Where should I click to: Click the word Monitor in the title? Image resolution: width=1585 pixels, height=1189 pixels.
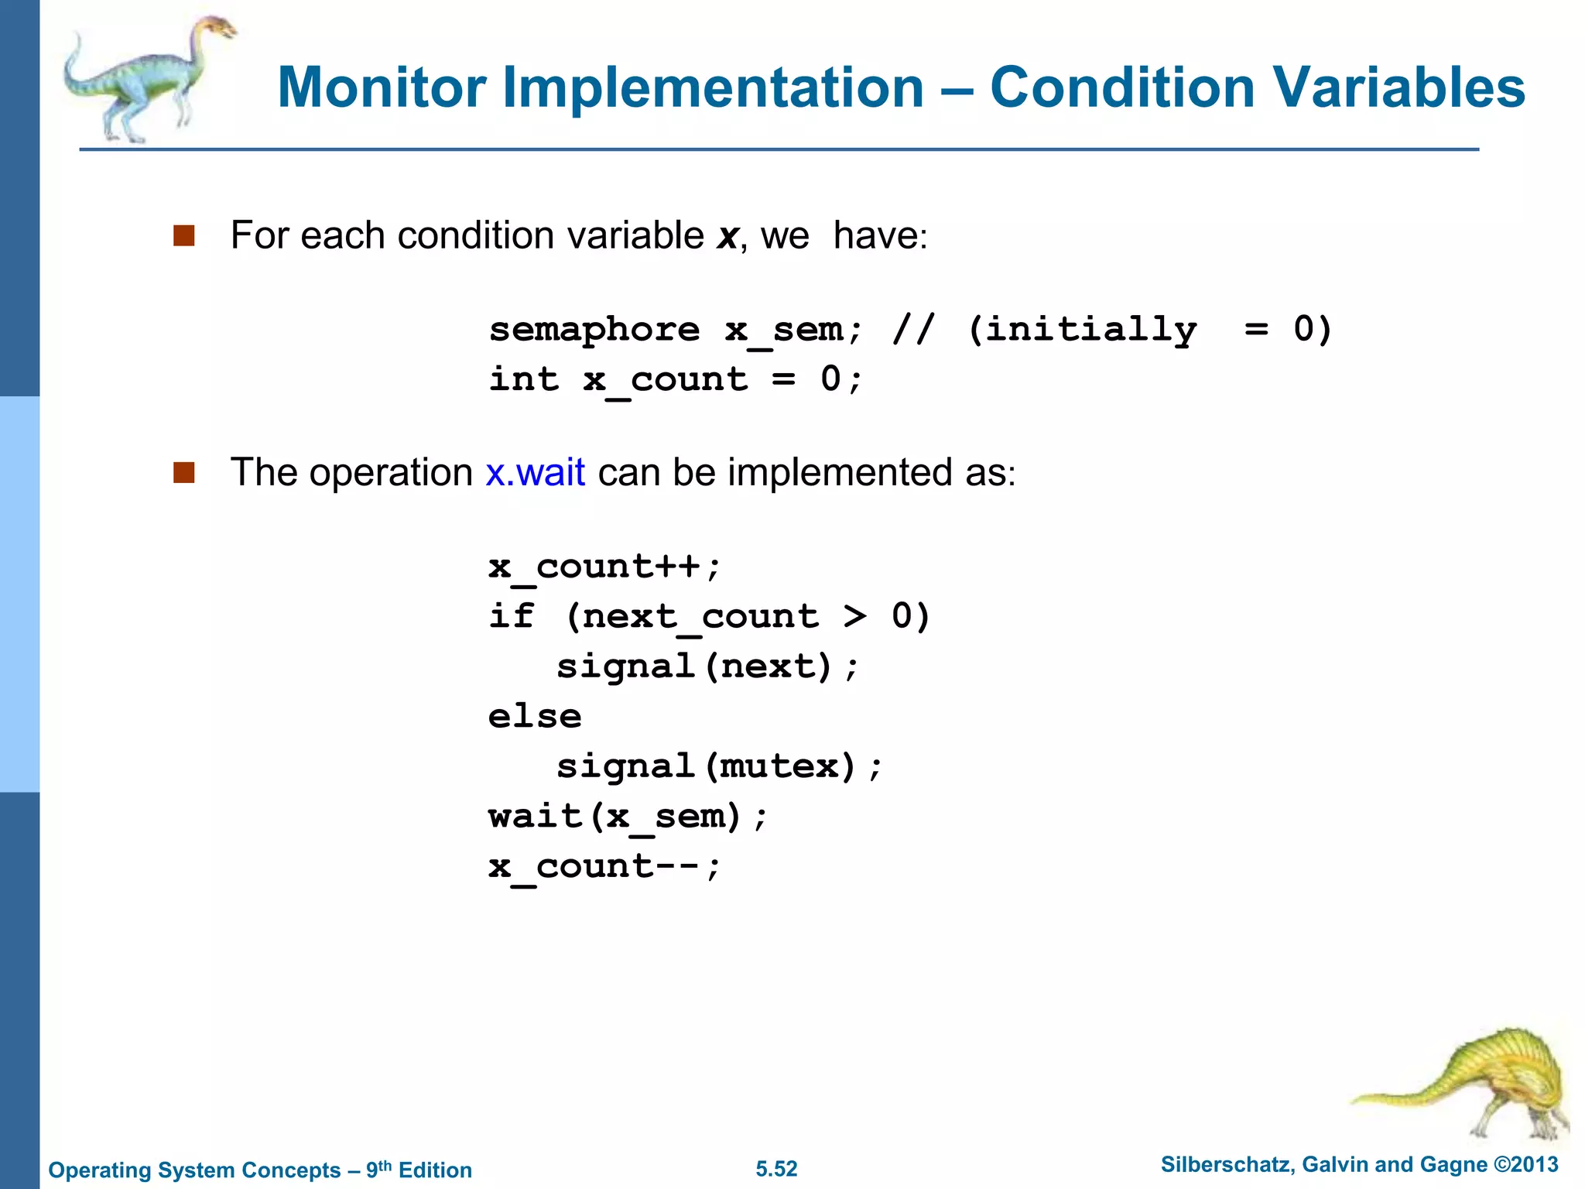382,87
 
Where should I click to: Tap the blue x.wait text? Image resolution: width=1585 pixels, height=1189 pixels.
535,472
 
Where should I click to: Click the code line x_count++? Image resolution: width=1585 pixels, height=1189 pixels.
604,567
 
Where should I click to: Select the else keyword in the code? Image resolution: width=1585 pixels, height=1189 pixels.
534,716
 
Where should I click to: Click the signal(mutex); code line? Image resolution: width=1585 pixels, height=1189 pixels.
719,766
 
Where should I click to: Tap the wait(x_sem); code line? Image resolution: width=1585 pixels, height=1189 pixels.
628,817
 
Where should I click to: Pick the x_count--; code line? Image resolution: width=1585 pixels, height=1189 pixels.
604,866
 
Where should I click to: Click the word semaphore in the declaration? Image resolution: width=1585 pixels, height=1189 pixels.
594,331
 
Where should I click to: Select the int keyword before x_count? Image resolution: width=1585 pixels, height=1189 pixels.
523,379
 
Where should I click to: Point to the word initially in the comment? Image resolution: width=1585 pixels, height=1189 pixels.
1091,331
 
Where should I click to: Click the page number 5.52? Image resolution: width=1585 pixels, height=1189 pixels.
776,1169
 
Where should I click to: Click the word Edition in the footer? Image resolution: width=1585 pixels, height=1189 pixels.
435,1170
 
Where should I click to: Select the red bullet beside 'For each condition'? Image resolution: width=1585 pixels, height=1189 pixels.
183,235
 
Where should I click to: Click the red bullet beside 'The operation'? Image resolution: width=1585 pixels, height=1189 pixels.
183,472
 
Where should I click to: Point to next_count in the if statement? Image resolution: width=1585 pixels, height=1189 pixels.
700,617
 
